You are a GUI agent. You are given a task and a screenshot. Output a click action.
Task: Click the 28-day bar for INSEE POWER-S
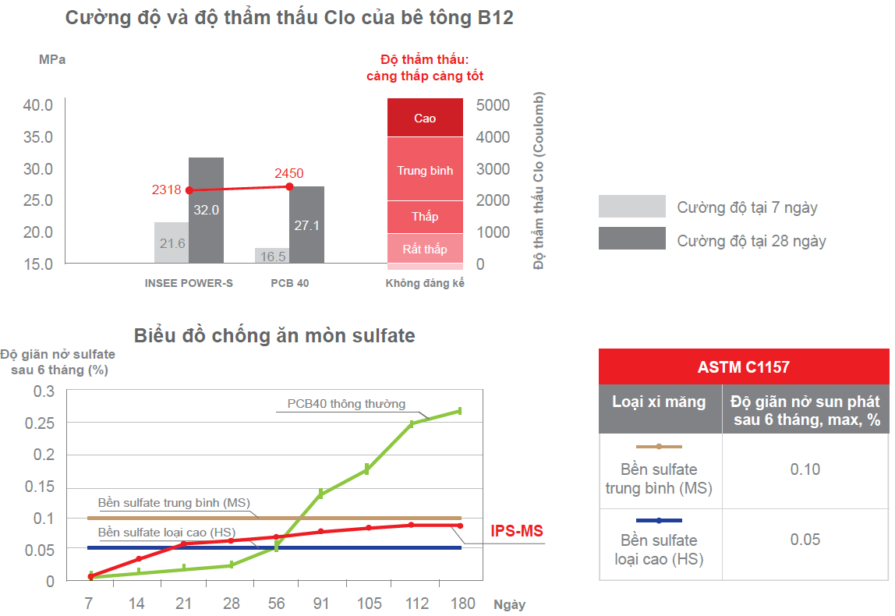[x=206, y=211]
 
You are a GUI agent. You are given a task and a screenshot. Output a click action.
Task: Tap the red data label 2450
[x=288, y=173]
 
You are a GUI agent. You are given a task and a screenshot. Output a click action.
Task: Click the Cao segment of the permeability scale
[x=425, y=119]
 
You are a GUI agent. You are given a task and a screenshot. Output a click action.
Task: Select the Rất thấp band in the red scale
[x=425, y=249]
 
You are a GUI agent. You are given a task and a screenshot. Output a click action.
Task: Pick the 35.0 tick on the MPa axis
[x=37, y=137]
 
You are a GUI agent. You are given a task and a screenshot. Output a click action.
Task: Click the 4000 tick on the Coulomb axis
[x=493, y=137]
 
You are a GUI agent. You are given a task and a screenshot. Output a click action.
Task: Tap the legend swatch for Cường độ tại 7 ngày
[x=631, y=207]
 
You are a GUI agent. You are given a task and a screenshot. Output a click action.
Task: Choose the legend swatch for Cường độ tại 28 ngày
[x=631, y=239]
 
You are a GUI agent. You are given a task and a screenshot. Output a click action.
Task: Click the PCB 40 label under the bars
[x=290, y=283]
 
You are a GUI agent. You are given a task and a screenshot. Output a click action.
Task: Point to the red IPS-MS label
[x=516, y=532]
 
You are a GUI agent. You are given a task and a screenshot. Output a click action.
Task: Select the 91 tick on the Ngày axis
[x=320, y=604]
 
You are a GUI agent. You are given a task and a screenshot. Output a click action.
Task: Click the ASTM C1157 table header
[x=743, y=366]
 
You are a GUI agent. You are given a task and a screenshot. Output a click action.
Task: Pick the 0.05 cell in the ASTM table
[x=805, y=540]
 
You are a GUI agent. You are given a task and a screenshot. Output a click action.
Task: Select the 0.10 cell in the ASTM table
[x=805, y=469]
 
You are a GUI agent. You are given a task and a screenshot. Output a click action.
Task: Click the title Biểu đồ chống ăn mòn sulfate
[x=274, y=336]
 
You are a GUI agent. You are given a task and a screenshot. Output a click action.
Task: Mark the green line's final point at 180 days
[x=460, y=411]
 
